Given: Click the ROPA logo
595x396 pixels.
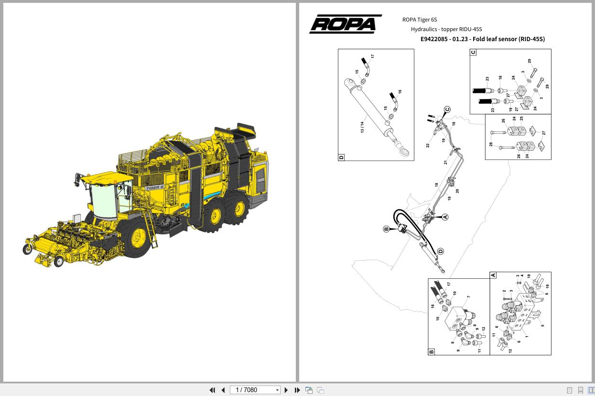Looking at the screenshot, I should tap(346, 24).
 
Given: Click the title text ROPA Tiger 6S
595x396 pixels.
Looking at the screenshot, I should tap(420, 20).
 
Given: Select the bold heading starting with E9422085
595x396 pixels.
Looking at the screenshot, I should tap(482, 39).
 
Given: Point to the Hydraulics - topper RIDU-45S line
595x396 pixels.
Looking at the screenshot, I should tap(446, 29).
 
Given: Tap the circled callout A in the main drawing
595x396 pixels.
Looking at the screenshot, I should tap(445, 217).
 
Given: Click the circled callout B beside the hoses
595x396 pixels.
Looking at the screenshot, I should tap(387, 229).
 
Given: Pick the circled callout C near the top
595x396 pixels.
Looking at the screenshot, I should tap(447, 110).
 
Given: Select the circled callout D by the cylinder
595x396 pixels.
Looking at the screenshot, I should tap(440, 251).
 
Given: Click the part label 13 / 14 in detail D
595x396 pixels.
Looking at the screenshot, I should tap(362, 127).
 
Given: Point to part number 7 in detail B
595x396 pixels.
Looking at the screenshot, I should tap(469, 297).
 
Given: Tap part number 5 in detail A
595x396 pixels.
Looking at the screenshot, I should tap(542, 326).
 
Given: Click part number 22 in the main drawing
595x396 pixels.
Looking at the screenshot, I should tap(428, 145).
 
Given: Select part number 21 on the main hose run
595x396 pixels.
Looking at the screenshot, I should tap(446, 163).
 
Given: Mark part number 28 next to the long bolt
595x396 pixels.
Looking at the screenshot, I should tap(491, 143).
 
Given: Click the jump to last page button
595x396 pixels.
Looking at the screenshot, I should tap(297, 390).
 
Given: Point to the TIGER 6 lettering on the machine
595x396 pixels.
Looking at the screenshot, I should tap(155, 188).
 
